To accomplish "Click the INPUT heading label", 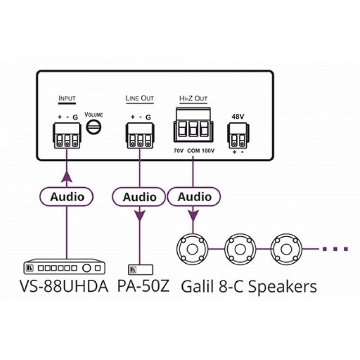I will pyautogui.click(x=67, y=98).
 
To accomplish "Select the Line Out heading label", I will pyautogui.click(x=139, y=98).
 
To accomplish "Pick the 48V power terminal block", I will pyautogui.click(x=237, y=135).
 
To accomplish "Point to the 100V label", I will pyautogui.click(x=208, y=151).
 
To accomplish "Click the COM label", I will pyautogui.click(x=193, y=151).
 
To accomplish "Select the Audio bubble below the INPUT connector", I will pyautogui.click(x=67, y=197).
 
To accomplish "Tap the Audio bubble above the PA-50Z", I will pyautogui.click(x=140, y=197).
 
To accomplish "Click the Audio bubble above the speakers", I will pyautogui.click(x=194, y=197).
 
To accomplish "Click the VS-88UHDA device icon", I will pyautogui.click(x=67, y=269).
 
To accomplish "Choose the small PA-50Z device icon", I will pyautogui.click(x=140, y=270).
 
